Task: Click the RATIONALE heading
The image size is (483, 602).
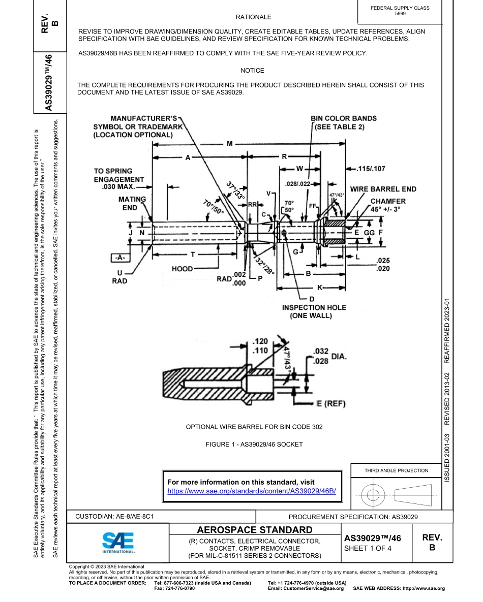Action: pos(253,17)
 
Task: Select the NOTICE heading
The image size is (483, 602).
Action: pos(252,71)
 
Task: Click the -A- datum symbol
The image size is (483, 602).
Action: pos(120,258)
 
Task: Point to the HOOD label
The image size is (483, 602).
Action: pos(182,268)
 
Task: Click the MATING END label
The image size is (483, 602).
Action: pos(132,203)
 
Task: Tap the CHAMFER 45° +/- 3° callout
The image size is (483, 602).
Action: pos(388,205)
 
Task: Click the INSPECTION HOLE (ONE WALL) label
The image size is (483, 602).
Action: pos(314,311)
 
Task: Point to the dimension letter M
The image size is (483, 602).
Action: pos(229,144)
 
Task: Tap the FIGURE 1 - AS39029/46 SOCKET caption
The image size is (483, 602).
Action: pos(254,444)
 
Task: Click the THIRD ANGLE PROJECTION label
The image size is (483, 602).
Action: pos(396,470)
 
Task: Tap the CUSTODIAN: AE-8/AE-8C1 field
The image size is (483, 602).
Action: pos(114,516)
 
